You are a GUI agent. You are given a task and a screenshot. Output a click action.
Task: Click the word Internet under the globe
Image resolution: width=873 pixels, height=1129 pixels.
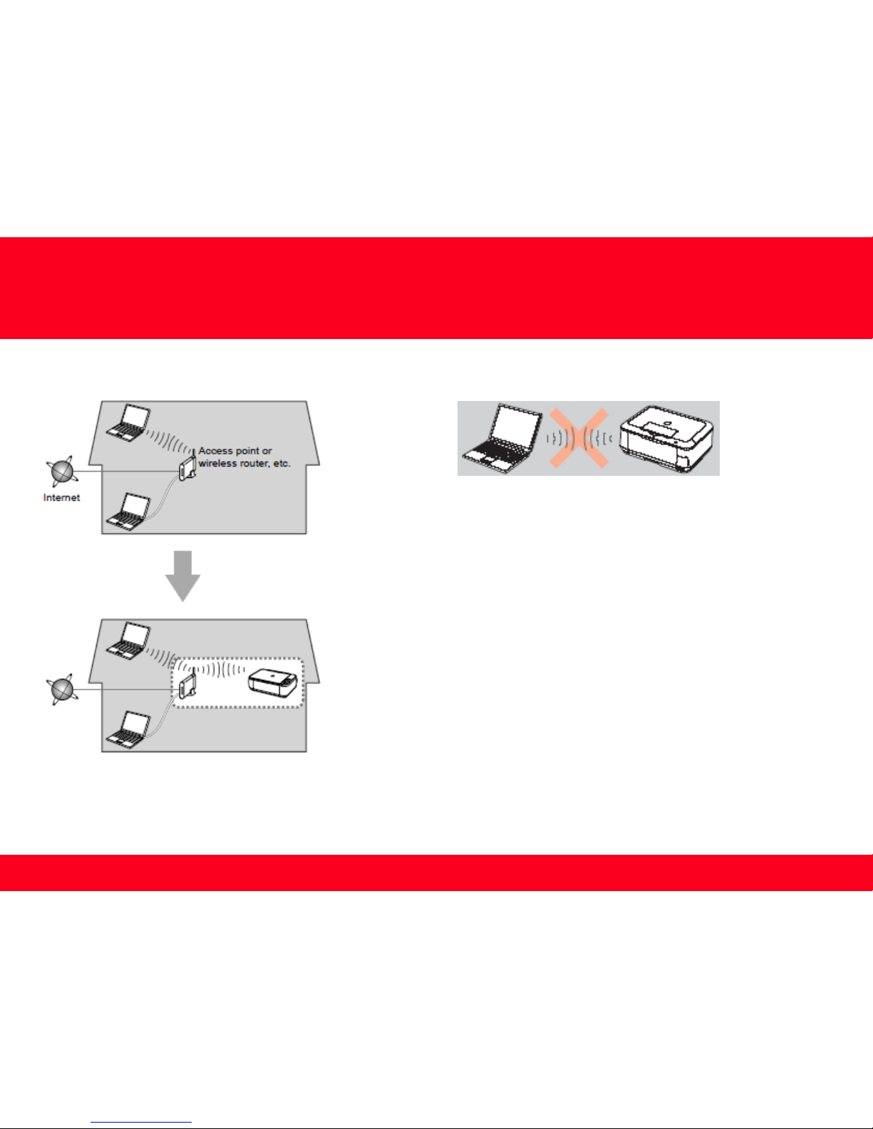click(x=61, y=498)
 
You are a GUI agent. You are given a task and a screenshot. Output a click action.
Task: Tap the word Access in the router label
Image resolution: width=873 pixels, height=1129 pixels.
click(x=216, y=451)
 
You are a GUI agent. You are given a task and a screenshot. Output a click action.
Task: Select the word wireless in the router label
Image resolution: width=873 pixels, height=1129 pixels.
click(x=217, y=464)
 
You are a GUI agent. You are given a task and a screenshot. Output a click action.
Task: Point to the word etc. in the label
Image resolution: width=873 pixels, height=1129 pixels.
click(x=281, y=464)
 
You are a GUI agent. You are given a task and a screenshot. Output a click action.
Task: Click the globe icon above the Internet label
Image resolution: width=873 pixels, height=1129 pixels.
click(x=63, y=471)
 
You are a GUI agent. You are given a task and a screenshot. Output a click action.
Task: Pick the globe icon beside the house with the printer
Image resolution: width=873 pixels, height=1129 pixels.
click(x=63, y=690)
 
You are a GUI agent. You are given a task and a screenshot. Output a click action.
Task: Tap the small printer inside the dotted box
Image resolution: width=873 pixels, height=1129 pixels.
click(x=273, y=682)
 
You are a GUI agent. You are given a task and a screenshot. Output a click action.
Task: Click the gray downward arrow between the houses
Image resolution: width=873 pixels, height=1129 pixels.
click(x=183, y=576)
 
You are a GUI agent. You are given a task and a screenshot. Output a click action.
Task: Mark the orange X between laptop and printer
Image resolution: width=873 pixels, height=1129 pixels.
click(x=579, y=439)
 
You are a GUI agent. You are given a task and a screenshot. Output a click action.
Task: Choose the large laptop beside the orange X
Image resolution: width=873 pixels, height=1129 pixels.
click(x=502, y=439)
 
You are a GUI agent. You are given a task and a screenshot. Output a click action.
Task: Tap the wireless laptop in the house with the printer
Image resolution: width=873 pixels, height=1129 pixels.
click(x=128, y=641)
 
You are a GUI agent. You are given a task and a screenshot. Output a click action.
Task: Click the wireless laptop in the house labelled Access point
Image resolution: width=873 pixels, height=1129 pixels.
click(x=128, y=423)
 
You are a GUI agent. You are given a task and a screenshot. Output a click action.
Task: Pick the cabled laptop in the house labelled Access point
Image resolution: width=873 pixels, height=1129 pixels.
click(x=128, y=512)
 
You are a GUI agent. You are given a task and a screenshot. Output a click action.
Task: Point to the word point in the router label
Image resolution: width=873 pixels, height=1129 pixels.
click(x=247, y=452)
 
